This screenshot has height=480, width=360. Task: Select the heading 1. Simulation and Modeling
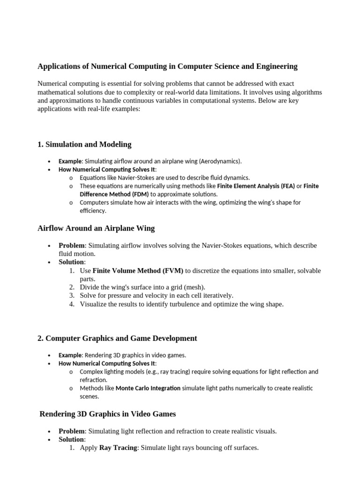point(84,144)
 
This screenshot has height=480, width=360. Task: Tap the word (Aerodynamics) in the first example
point(220,161)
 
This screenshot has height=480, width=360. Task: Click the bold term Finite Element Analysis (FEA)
point(256,186)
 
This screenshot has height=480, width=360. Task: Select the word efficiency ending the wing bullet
point(93,211)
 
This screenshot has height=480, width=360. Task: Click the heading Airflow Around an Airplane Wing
point(96,228)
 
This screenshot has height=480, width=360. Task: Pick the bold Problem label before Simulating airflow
point(71,246)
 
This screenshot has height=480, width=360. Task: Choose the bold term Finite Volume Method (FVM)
point(138,271)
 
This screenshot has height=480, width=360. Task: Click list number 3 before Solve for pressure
point(71,296)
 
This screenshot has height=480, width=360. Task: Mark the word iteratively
point(217,296)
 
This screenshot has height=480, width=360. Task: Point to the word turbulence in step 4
point(208,304)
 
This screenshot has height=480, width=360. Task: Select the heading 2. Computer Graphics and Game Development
point(117,338)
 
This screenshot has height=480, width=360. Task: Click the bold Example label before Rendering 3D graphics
point(70,355)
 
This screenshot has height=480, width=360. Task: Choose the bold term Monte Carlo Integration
point(148,388)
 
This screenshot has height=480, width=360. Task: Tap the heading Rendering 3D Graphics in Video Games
point(108,414)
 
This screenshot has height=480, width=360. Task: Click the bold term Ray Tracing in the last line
point(118,448)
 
